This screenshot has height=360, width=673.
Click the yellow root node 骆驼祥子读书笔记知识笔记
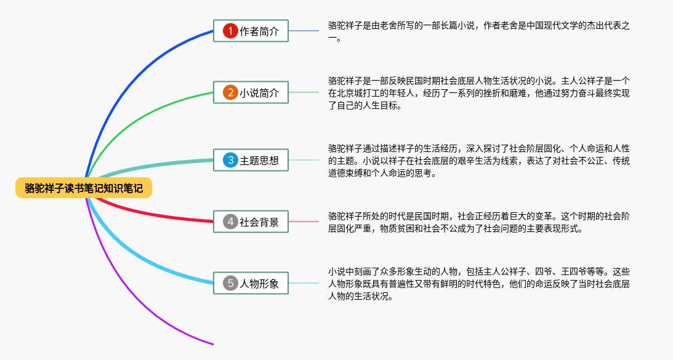point(84,188)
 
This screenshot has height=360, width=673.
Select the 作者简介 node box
point(251,31)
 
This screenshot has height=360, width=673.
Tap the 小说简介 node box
point(251,92)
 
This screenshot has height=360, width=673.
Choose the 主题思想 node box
point(251,160)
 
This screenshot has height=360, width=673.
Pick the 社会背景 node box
point(251,222)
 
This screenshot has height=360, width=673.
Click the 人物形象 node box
point(251,283)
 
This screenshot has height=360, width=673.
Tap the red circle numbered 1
point(230,31)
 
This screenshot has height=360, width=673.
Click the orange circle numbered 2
point(230,92)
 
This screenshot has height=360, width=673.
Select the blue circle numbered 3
point(230,160)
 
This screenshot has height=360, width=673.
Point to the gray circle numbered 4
point(230,222)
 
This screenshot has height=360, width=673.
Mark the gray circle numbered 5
point(230,283)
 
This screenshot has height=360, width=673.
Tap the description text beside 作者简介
point(478,32)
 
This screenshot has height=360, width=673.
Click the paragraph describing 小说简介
point(478,93)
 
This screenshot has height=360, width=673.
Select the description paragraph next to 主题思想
point(478,161)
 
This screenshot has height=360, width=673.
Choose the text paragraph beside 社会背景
point(478,222)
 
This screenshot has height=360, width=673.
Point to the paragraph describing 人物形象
point(478,284)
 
